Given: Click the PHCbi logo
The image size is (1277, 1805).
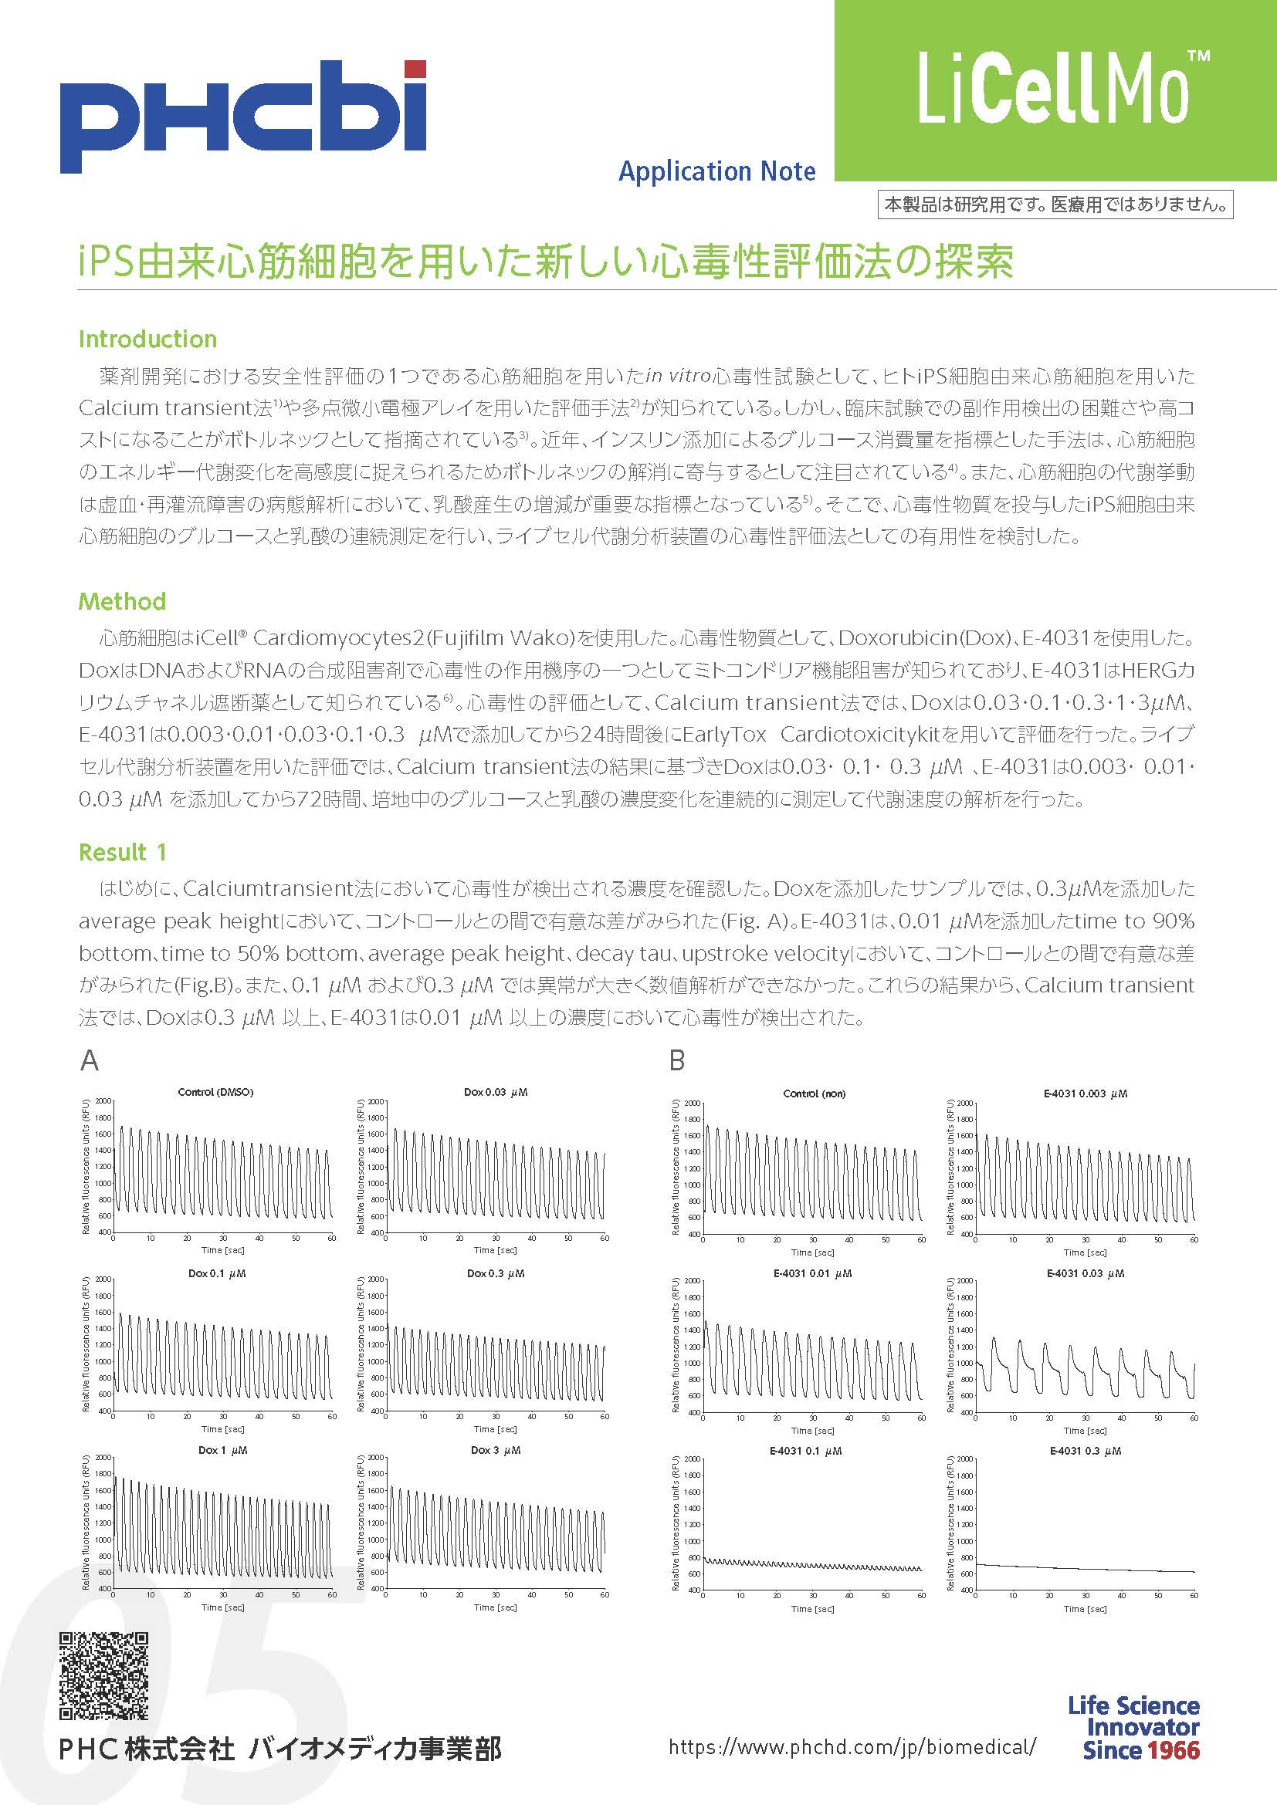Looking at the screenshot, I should [x=243, y=116].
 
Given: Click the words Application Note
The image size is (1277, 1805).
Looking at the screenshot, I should [x=716, y=171].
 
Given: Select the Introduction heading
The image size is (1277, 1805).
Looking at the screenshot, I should [x=147, y=340].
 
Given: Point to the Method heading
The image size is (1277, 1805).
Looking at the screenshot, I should [x=122, y=602].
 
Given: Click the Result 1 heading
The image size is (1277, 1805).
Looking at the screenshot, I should [x=122, y=852].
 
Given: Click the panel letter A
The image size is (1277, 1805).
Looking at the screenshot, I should [x=89, y=1061].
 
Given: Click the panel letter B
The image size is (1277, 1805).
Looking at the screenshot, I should [x=676, y=1061].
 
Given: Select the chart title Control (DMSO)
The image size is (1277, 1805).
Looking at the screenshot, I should [x=215, y=1092].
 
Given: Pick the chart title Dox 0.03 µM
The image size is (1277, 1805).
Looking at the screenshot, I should [x=496, y=1092].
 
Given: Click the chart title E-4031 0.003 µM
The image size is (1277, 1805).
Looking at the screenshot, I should [x=1085, y=1093].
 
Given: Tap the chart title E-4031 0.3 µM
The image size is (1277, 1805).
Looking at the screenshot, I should [x=1085, y=1451].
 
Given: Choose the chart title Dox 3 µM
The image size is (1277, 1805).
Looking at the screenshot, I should [x=496, y=1450].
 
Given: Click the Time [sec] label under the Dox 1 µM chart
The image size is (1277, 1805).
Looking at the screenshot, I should [x=222, y=1607].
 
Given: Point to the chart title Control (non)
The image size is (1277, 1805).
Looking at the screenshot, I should [x=814, y=1093].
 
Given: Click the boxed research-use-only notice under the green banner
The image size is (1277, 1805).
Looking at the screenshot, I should [x=1055, y=205].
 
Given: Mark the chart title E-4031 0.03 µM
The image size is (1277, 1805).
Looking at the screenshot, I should [x=1085, y=1273].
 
